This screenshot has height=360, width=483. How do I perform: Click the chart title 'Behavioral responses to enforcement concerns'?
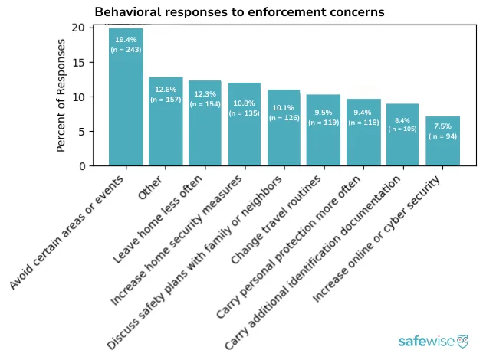[x=239, y=12]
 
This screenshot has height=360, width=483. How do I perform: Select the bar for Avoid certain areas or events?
[x=126, y=100]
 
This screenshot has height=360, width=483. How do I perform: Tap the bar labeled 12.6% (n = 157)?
[x=166, y=123]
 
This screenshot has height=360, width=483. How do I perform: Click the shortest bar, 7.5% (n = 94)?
[x=442, y=142]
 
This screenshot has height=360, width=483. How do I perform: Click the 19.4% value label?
[x=126, y=39]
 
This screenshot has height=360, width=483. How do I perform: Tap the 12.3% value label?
[x=205, y=94]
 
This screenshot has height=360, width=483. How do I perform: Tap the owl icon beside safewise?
[x=463, y=341]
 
